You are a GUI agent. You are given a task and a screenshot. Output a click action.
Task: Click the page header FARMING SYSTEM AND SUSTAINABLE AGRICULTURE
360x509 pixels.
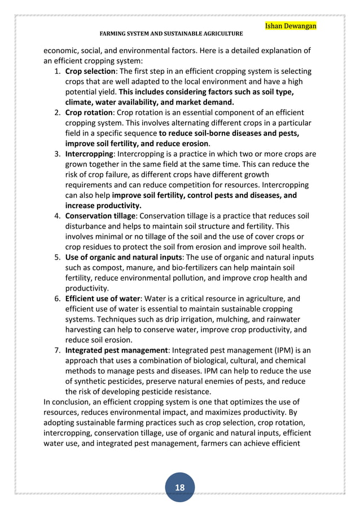click(171, 34)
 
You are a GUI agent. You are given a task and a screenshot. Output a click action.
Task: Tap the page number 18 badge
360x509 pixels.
click(179, 487)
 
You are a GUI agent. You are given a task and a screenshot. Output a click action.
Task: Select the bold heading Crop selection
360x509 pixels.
click(90, 72)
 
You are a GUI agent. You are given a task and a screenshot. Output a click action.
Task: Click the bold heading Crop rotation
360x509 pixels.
click(87, 112)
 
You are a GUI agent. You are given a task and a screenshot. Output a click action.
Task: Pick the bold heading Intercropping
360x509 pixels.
click(89, 153)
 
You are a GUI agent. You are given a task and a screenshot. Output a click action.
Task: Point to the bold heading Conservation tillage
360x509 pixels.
click(100, 216)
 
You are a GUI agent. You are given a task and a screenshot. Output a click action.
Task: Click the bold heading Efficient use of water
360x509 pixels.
click(102, 299)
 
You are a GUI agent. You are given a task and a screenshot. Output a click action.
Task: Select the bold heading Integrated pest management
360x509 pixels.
click(116, 350)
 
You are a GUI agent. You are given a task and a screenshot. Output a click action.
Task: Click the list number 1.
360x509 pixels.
click(57, 72)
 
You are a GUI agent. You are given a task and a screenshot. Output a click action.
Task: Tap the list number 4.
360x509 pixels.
click(57, 216)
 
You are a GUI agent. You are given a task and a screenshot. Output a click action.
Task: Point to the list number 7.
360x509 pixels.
click(57, 350)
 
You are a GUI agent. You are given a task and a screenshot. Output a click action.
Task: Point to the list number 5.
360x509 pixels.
click(57, 257)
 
